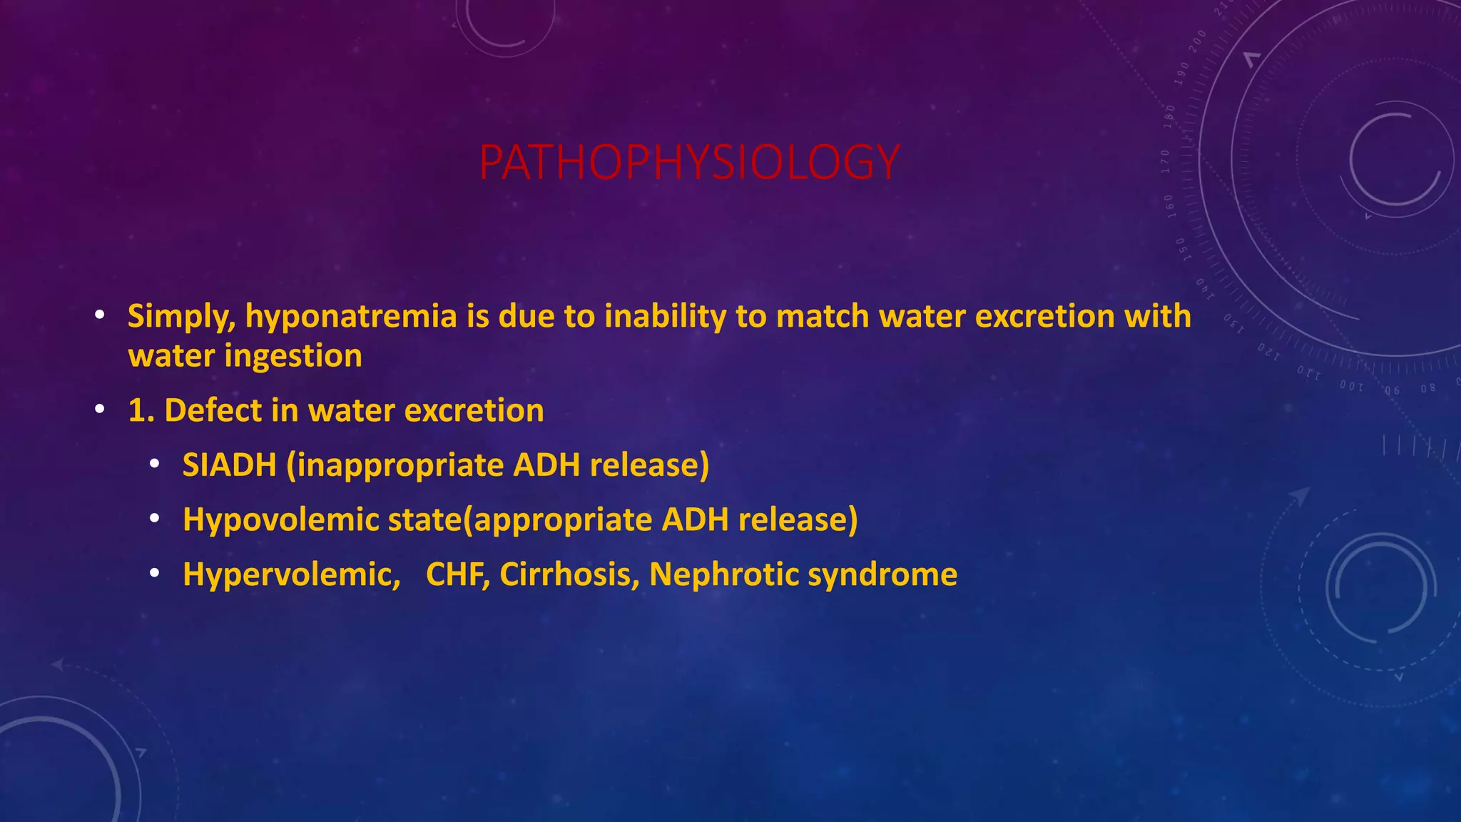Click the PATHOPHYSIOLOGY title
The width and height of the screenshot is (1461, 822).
point(689,163)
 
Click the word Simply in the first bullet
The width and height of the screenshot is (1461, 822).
point(181,317)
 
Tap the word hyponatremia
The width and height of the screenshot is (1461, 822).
point(350,317)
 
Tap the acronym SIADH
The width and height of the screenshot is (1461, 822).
point(229,465)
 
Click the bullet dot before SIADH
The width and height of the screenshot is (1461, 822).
point(154,465)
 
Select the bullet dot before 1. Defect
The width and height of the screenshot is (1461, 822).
point(100,410)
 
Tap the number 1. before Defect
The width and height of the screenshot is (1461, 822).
point(141,411)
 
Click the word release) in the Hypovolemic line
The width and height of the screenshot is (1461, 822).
point(798,520)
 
